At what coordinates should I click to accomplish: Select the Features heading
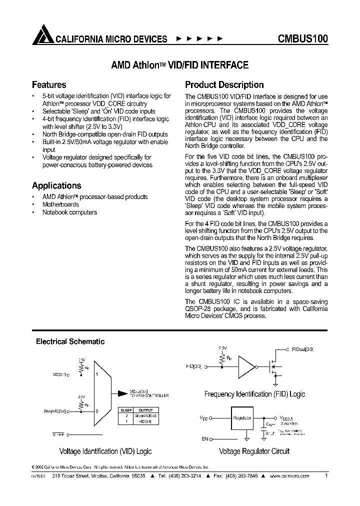point(49,85)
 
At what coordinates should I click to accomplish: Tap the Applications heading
point(56,186)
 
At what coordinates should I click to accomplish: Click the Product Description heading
point(224,85)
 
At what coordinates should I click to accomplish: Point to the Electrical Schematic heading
point(70,342)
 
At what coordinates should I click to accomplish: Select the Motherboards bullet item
point(60,204)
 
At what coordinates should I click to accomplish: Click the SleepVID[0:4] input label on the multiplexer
point(54,411)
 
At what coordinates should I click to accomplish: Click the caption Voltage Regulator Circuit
point(254,451)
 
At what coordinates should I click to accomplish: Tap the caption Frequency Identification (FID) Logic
point(254,394)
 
